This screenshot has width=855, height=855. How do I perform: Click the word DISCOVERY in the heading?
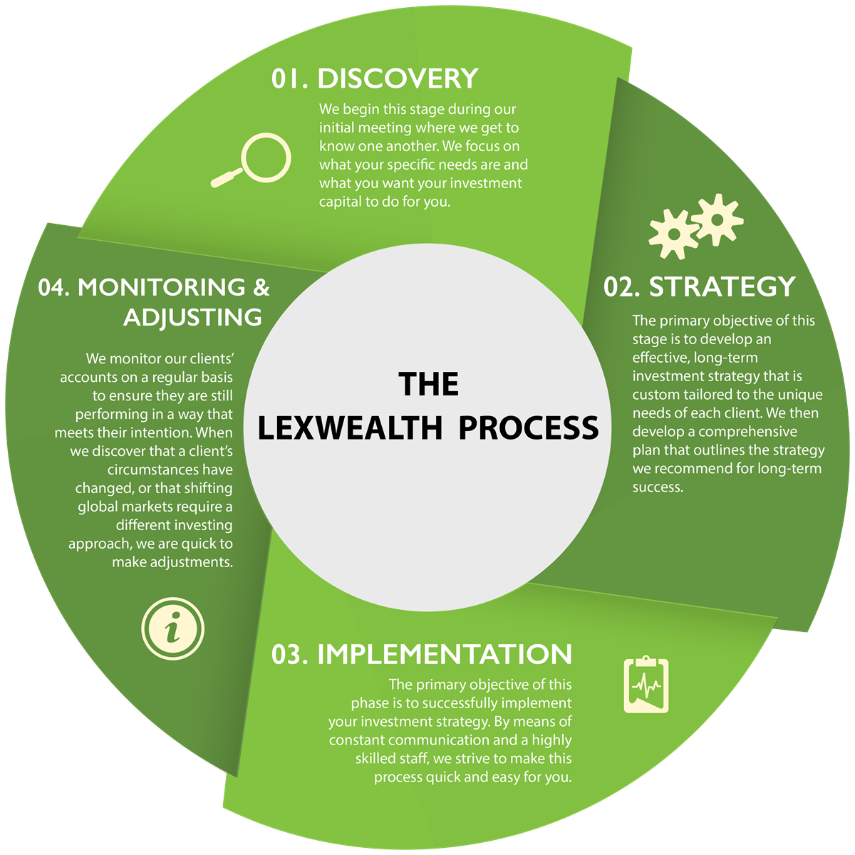point(398,78)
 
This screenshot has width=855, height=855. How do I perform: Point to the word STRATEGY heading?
point(722,286)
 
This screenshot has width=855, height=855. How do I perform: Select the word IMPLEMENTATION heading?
point(445,654)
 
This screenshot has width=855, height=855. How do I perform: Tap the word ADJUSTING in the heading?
point(192,317)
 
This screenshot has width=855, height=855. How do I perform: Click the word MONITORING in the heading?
point(160,287)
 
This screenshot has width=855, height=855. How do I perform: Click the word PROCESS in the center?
point(529,427)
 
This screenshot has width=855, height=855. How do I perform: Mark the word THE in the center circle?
point(429,384)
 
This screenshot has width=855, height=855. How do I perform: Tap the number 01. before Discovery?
point(290,78)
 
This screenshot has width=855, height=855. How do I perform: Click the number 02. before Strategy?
point(623,286)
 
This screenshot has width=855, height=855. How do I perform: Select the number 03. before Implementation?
point(290,654)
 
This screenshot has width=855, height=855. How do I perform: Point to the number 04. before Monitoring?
point(55,287)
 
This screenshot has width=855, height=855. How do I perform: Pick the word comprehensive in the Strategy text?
point(748,432)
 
